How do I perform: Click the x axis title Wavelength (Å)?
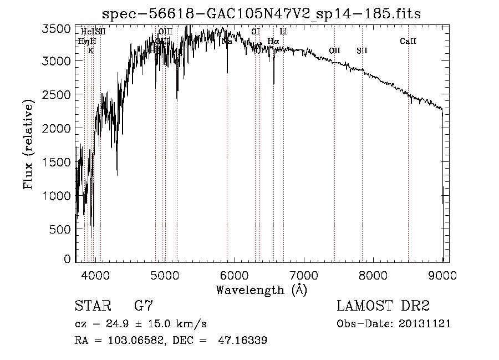click(x=262, y=290)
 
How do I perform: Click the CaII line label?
click(x=408, y=42)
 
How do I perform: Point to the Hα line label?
click(x=273, y=41)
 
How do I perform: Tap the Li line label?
click(x=283, y=32)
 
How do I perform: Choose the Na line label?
click(x=227, y=41)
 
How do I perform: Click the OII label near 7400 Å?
click(x=334, y=51)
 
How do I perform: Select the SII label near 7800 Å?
click(x=362, y=51)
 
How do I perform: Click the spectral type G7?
click(x=144, y=306)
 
